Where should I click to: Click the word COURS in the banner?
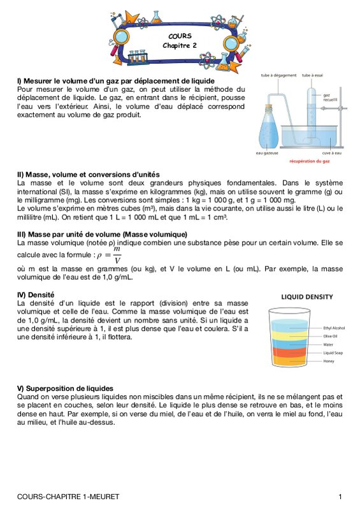pyautogui.click(x=180, y=36)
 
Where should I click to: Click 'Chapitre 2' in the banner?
pyautogui.click(x=180, y=45)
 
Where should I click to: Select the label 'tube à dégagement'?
pyautogui.click(x=278, y=75)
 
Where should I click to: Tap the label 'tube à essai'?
pyautogui.click(x=312, y=75)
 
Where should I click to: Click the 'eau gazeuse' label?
pyautogui.click(x=267, y=153)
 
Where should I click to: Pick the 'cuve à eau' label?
pyautogui.click(x=332, y=153)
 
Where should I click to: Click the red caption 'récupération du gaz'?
pyautogui.click(x=310, y=161)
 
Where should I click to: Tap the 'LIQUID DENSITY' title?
pyautogui.click(x=306, y=297)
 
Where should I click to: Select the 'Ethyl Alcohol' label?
pyautogui.click(x=334, y=328)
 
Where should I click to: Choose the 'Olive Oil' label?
pyautogui.click(x=330, y=337)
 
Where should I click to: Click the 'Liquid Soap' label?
pyautogui.click(x=333, y=353)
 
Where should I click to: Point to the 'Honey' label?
pyautogui.click(x=328, y=361)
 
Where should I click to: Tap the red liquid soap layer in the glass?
pyautogui.click(x=289, y=352)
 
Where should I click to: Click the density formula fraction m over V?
pyautogui.click(x=117, y=254)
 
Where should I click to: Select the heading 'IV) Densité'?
pyautogui.click(x=36, y=295)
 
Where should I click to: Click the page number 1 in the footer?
pyautogui.click(x=340, y=497)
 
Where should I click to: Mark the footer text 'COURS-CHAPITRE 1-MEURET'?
pyautogui.click(x=68, y=497)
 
